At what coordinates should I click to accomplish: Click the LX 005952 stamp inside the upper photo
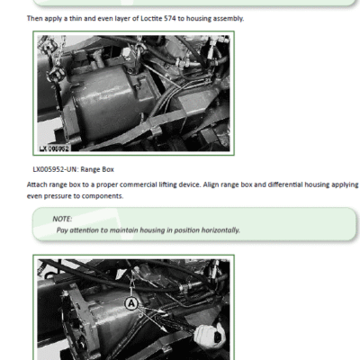click(54, 148)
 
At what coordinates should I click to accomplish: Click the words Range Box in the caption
click(97, 169)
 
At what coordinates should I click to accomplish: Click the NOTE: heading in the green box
click(62, 219)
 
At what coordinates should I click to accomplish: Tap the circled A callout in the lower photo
click(131, 304)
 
